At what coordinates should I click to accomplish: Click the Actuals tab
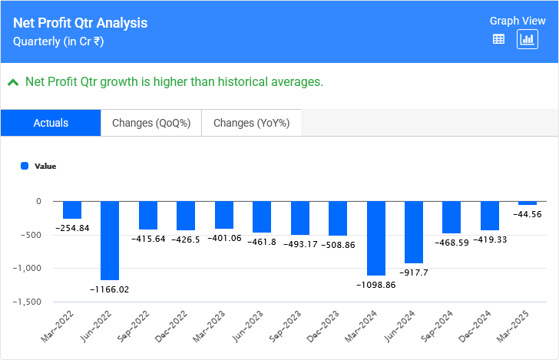click(51, 123)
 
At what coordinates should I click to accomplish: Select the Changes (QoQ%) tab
click(151, 123)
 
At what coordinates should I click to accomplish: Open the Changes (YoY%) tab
click(251, 123)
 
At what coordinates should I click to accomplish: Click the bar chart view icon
click(528, 39)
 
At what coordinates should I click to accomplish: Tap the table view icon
click(498, 39)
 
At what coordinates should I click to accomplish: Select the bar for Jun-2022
click(110, 240)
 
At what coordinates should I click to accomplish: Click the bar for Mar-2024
click(375, 238)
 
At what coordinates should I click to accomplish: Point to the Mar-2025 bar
click(528, 203)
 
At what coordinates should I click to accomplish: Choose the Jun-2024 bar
click(414, 232)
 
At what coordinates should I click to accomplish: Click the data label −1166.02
click(110, 289)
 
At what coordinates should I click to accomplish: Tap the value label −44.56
click(528, 214)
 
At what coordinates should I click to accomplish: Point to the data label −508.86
click(338, 245)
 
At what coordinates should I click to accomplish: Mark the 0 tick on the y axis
click(38, 201)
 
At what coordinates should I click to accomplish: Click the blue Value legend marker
click(25, 166)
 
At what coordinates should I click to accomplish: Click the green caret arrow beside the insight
click(13, 81)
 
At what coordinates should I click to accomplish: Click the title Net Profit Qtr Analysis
click(80, 23)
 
